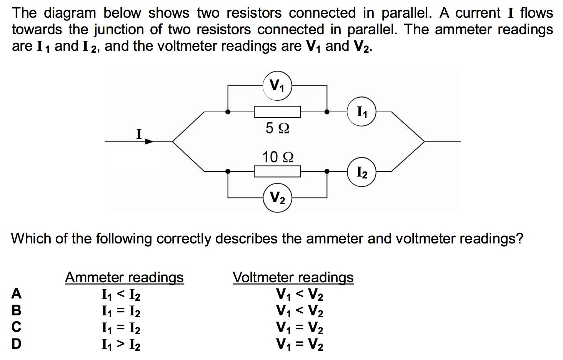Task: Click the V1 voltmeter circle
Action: [x=277, y=85]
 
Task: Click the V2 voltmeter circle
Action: [x=277, y=198]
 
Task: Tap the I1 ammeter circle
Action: [x=361, y=112]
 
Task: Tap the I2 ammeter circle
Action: [x=361, y=172]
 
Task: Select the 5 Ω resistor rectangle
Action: [x=277, y=112]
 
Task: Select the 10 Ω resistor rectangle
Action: [x=277, y=172]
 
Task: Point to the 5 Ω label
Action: [x=277, y=128]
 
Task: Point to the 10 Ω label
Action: [x=278, y=157]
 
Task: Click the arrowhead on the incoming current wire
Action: [x=149, y=142]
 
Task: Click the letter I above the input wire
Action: [x=139, y=134]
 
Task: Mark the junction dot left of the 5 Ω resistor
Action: [x=228, y=112]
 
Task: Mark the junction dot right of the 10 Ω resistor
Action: [x=327, y=172]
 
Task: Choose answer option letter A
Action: [x=16, y=294]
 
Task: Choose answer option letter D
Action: [x=16, y=343]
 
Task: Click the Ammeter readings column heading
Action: [x=124, y=277]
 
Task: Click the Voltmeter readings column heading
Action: [x=293, y=277]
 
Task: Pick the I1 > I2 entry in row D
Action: [x=121, y=344]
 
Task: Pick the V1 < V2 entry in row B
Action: [x=300, y=311]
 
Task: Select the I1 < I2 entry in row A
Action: [x=121, y=295]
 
